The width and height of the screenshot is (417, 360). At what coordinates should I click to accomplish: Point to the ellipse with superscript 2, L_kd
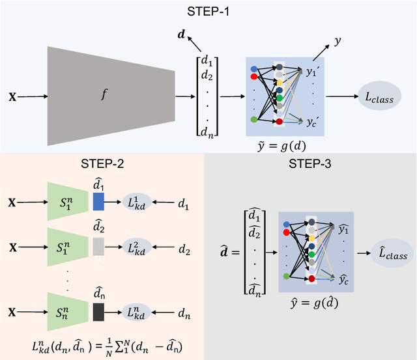click(136, 248)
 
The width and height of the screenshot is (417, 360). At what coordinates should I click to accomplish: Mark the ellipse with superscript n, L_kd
click(136, 313)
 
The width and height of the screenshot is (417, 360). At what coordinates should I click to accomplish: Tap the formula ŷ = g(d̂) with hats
click(313, 302)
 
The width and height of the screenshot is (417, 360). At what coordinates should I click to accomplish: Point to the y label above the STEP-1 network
click(338, 40)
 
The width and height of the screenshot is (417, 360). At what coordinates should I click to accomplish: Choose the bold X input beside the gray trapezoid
click(12, 98)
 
